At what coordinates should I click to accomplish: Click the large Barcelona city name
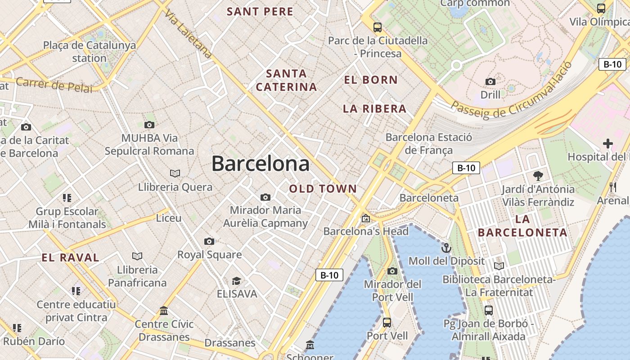pos(261,163)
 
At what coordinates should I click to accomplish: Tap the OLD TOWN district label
pos(323,189)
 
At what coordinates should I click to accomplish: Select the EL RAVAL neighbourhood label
pos(70,258)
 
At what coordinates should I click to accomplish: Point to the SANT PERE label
pos(260,12)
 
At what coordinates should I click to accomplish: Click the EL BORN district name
pos(371,80)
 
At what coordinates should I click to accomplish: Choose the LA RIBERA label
pos(374,109)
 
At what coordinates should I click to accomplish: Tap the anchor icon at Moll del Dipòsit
pos(446,247)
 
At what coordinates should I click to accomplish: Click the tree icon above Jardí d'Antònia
pos(538,175)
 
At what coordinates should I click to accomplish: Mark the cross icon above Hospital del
pos(608,144)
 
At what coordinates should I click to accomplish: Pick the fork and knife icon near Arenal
pos(612,187)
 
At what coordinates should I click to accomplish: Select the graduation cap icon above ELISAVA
pos(236,281)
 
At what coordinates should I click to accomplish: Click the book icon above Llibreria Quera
pos(175,173)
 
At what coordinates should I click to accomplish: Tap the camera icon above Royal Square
pos(209,242)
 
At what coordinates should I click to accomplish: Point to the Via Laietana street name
pos(188,34)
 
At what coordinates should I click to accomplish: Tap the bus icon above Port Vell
pos(387,323)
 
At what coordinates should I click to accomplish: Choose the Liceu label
pos(169,218)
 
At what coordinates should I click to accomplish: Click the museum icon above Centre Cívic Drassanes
pos(164,311)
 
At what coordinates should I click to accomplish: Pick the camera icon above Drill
pos(490,81)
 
